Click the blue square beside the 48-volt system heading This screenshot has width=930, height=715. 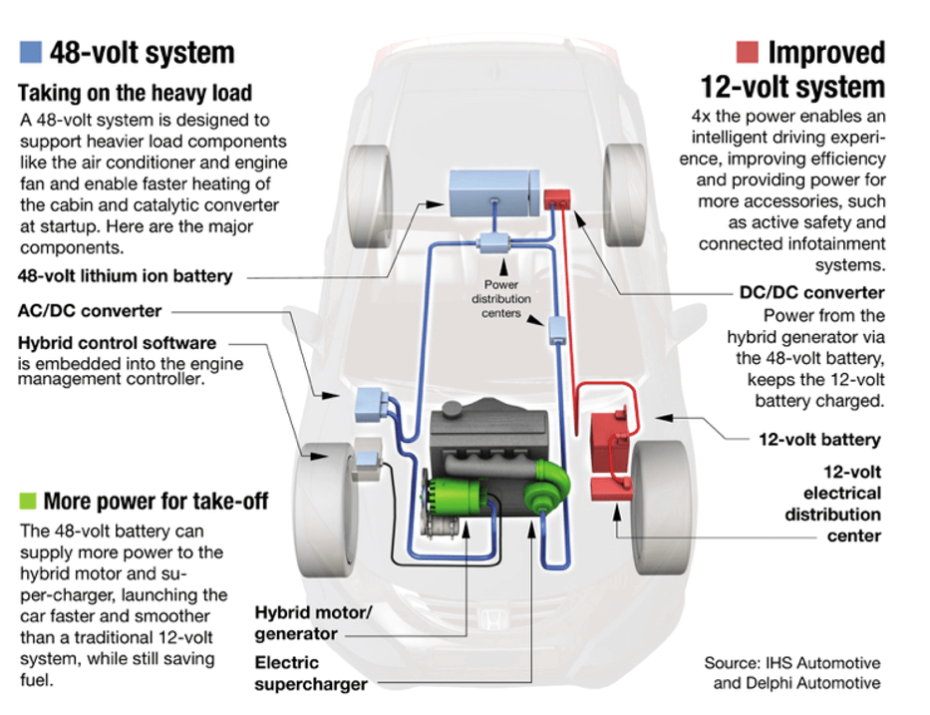[x=31, y=51]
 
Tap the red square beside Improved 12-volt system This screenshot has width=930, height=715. [x=748, y=51]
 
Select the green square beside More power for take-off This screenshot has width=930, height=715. [x=28, y=500]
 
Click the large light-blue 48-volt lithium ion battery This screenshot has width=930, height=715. [x=490, y=194]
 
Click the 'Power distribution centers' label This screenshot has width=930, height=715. [x=502, y=299]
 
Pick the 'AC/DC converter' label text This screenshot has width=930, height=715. [x=90, y=310]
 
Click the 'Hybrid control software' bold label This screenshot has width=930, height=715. [x=117, y=343]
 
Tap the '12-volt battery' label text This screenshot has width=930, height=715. [x=819, y=439]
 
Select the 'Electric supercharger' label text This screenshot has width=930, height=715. [x=310, y=673]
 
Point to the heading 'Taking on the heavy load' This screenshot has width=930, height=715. [x=135, y=94]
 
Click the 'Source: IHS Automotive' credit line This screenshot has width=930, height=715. [x=791, y=663]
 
